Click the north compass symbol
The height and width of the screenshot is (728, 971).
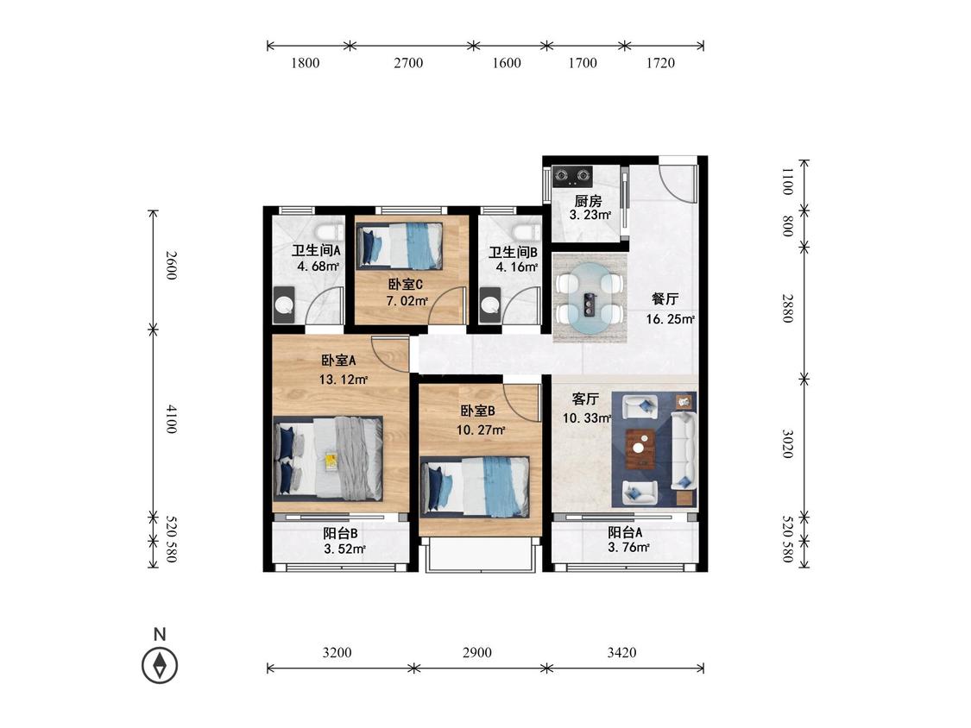point(160,666)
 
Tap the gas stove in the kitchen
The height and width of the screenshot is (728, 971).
point(572,176)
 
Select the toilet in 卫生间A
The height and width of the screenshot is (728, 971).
point(328,234)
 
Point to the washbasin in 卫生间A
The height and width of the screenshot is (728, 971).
point(285,305)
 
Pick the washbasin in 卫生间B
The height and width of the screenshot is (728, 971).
point(490,305)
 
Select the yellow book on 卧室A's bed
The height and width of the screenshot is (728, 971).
point(331,460)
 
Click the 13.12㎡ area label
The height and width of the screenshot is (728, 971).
point(344,379)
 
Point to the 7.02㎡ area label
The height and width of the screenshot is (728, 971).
point(407,302)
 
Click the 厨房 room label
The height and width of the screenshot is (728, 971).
point(588,201)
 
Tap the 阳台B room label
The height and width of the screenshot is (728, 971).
point(341,533)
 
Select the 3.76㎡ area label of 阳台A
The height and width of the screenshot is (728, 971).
point(628,547)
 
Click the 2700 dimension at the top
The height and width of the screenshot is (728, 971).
point(409,62)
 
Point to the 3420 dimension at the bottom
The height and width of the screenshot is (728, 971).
point(621,652)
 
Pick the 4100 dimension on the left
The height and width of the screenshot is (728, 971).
point(172,419)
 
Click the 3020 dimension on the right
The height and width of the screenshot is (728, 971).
point(787,444)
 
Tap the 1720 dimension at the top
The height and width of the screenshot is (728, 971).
point(661,62)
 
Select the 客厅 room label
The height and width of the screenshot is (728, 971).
point(585,399)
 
